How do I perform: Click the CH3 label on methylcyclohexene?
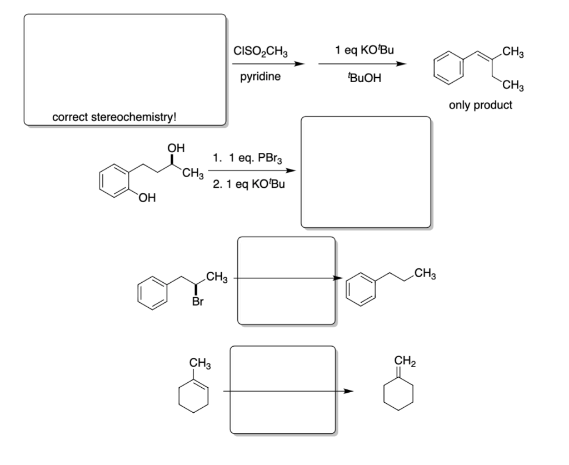[199, 364]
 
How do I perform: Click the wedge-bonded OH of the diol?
[174, 148]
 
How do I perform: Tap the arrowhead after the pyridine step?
[301, 64]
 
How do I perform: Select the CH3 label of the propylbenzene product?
[425, 272]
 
